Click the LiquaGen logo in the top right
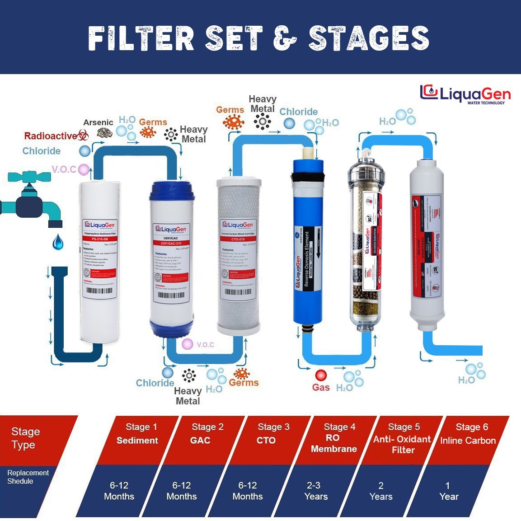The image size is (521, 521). [465, 94]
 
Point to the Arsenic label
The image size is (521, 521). [98, 122]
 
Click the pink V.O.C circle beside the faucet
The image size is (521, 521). [84, 169]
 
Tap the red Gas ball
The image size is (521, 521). [321, 375]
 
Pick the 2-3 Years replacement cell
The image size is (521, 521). [315, 491]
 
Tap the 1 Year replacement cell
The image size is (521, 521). [448, 491]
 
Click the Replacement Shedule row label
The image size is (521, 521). [28, 477]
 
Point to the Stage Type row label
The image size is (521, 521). [26, 438]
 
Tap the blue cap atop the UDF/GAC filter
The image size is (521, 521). [172, 191]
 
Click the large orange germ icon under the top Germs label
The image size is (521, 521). [233, 122]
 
